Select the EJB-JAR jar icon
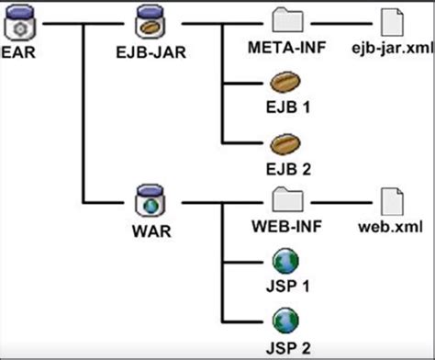click(149, 20)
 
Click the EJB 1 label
click(284, 108)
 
